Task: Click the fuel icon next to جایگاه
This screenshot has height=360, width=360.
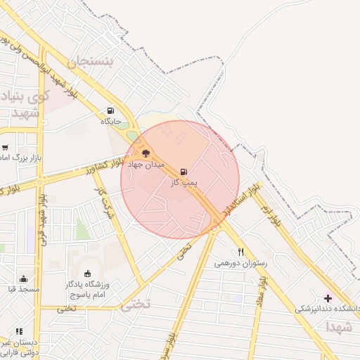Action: coord(110,110)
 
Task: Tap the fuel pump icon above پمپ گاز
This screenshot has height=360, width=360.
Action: coord(184,172)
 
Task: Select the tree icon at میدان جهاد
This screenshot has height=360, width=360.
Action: coord(146,153)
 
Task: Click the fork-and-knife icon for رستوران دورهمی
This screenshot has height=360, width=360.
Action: coord(240,252)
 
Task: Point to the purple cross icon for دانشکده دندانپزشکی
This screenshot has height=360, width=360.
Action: coord(328,298)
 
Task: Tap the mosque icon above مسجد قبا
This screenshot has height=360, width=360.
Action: coord(23,278)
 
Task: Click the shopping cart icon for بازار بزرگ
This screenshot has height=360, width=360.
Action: coord(5,148)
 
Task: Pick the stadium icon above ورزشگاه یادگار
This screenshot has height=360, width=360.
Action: coord(87,274)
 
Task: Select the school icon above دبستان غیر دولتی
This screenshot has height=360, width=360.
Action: coord(19,331)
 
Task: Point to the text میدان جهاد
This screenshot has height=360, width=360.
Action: coord(146,164)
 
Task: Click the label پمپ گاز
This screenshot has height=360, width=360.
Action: coord(185,183)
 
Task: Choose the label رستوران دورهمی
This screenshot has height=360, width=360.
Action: coord(236,264)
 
